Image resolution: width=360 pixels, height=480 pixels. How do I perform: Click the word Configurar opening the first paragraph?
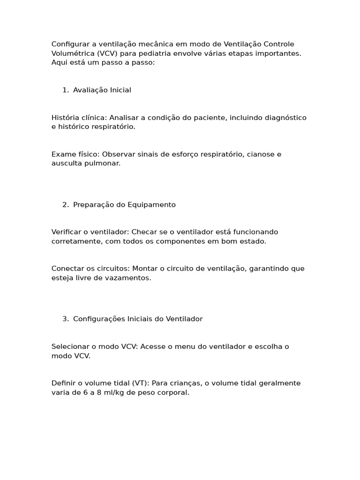point(70,44)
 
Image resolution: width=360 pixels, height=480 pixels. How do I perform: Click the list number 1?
point(65,90)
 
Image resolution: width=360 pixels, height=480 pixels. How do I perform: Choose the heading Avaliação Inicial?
point(102,90)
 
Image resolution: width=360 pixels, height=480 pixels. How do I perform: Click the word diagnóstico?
point(285,117)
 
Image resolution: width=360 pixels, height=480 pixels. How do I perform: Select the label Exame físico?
point(75,154)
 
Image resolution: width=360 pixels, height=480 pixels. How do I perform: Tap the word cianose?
point(259,154)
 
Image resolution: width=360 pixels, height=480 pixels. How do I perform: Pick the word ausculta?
point(66,163)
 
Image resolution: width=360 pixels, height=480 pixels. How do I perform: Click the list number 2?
point(65,204)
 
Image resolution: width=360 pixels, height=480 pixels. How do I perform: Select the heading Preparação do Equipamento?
point(124,204)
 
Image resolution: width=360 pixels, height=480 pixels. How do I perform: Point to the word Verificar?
point(67,232)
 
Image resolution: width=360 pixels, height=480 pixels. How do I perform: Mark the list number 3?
point(65,319)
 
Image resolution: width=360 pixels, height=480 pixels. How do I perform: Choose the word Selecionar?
point(70,346)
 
